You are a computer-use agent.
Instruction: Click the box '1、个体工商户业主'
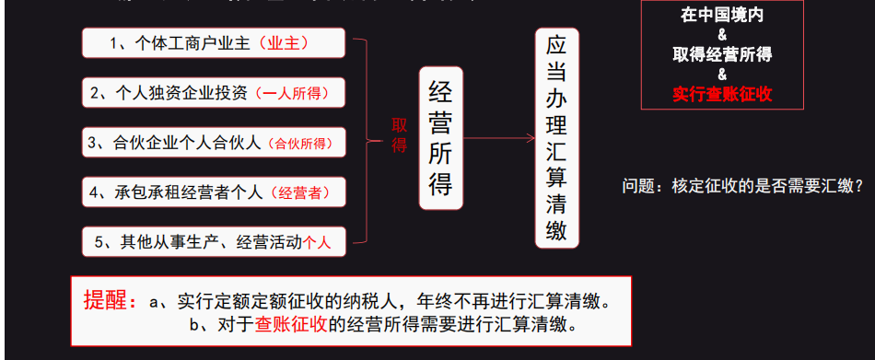coord(213,42)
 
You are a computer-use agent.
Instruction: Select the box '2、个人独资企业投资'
coord(213,92)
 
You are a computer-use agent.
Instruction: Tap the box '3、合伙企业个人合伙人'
coord(213,142)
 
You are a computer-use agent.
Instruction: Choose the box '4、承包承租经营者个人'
coord(213,192)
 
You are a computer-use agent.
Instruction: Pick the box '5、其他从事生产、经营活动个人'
coord(213,241)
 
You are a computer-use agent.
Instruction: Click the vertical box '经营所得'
coord(441,138)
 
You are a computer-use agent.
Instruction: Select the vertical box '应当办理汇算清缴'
coord(556,138)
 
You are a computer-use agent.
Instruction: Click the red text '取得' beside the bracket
coord(400,134)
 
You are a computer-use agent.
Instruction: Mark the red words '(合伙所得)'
coord(300,143)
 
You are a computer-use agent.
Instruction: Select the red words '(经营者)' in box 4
coord(297,192)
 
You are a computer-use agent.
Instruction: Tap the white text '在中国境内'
coord(722,17)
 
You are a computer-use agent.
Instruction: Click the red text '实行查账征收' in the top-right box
coord(722,93)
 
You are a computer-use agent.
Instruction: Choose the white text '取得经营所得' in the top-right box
coord(722,54)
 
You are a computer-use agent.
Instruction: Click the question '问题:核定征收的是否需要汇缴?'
coord(742,186)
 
